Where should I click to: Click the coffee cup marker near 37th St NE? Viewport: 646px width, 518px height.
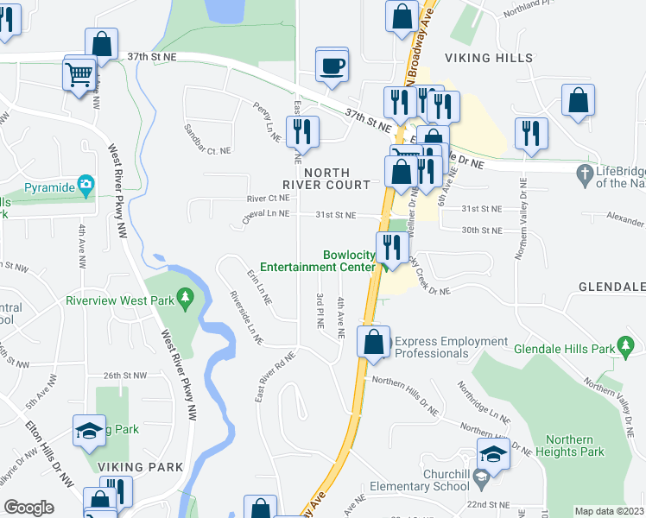(x=332, y=66)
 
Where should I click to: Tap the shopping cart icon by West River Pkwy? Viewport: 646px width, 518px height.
(x=79, y=74)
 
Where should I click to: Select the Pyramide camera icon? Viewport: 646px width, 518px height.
(x=85, y=185)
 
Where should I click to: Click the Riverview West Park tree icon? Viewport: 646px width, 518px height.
(x=184, y=299)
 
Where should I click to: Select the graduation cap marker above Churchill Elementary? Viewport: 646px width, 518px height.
(x=492, y=454)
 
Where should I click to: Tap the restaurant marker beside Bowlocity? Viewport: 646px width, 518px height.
(x=392, y=248)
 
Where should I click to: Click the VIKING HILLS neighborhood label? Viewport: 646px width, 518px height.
(x=484, y=57)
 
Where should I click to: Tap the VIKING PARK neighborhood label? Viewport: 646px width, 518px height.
(x=140, y=467)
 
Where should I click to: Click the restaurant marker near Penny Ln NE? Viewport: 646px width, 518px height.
(x=302, y=131)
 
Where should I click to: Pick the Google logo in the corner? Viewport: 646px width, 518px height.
(x=28, y=508)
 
